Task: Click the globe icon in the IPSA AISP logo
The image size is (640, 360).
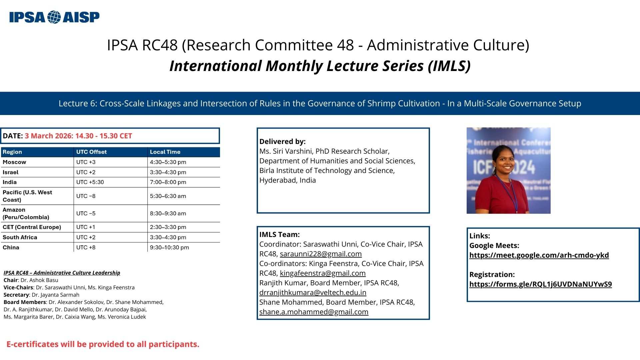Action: coord(54,17)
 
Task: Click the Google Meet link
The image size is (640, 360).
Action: coord(539,255)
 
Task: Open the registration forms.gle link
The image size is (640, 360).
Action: coord(540,284)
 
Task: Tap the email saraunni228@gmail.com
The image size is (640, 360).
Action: coord(321,254)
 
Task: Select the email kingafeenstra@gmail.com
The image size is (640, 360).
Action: coord(323,273)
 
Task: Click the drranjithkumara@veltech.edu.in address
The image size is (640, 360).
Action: coord(313,293)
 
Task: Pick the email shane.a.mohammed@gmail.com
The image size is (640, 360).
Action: coord(314,312)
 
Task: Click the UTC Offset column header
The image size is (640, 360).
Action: coord(91,152)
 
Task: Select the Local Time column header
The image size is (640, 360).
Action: coord(165,152)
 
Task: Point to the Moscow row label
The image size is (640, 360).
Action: coord(14,162)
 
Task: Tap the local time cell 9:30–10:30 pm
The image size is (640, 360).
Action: coord(169,248)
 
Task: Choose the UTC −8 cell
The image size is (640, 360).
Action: coord(86,196)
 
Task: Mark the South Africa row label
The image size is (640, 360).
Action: coord(20,237)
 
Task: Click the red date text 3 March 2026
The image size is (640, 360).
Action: coord(49,136)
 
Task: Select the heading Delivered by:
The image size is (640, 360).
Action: coord(282,142)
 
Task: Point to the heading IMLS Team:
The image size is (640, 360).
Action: coord(279,235)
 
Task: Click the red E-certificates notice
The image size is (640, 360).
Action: coord(103,344)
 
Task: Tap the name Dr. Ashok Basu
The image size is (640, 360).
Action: coord(39,280)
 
